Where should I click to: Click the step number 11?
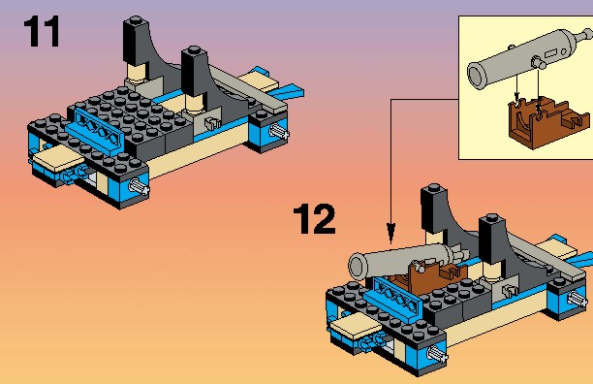coord(42,31)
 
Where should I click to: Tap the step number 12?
coord(314,219)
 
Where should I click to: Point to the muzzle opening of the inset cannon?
coord(477,76)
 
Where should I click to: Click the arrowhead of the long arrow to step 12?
coord(390,233)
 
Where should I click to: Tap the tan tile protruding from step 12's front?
coord(355,326)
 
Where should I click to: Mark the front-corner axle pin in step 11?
coord(139,186)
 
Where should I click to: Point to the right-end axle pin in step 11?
coord(279,131)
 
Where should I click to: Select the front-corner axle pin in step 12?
coord(437,354)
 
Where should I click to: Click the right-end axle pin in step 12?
coord(577,299)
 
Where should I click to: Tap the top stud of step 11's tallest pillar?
coord(136,19)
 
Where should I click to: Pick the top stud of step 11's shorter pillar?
coord(194,50)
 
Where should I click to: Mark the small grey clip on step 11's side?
coord(212,122)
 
